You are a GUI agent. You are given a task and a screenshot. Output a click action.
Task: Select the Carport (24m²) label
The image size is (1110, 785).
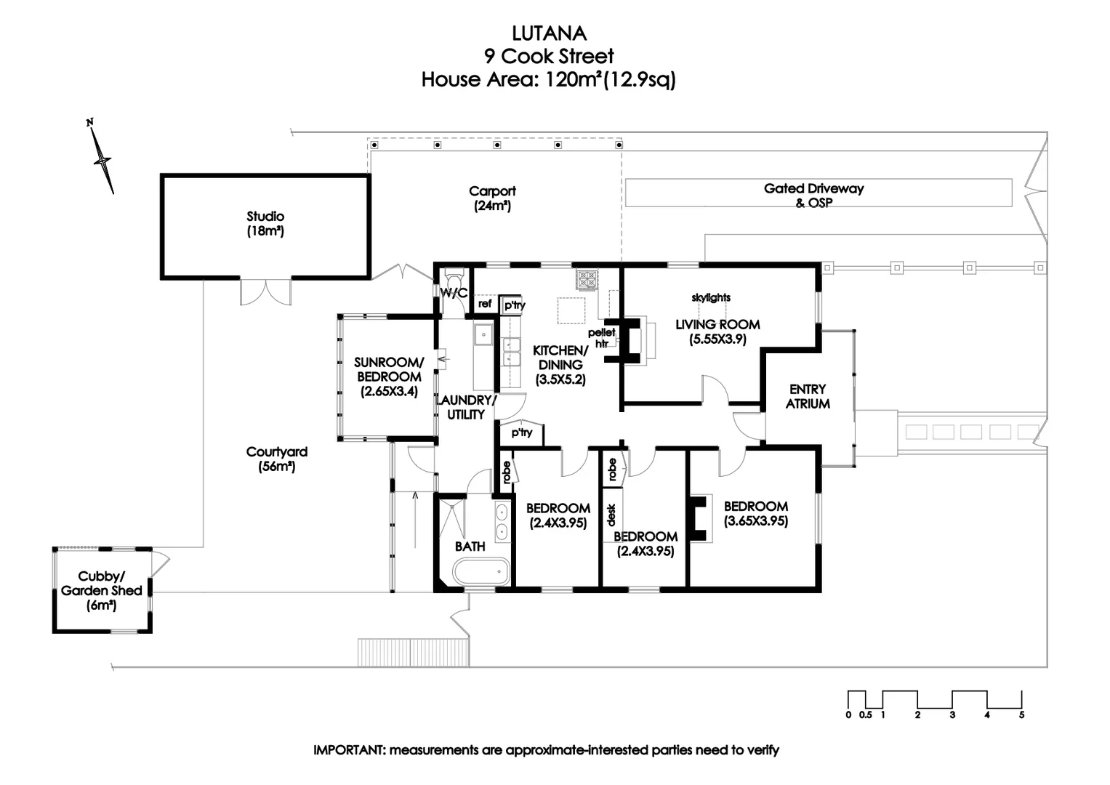[x=492, y=198]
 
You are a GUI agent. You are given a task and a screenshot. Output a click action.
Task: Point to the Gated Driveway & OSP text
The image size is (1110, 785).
[x=813, y=195]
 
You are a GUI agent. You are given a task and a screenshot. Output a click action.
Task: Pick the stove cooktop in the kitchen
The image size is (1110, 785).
[x=587, y=279]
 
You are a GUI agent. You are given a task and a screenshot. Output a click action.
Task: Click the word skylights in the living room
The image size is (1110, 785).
[x=711, y=297]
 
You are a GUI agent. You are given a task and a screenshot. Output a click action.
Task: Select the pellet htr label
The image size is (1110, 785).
[x=602, y=338]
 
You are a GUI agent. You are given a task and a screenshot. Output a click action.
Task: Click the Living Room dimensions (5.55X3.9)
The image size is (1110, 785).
[x=717, y=339]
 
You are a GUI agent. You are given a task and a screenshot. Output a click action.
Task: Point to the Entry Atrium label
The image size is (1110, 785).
[x=808, y=396]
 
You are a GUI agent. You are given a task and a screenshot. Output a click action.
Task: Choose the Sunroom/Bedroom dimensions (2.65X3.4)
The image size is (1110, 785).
[x=389, y=392]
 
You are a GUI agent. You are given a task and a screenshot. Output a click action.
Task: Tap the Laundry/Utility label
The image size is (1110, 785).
[x=466, y=407]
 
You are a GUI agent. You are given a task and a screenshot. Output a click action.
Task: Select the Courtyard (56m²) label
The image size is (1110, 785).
[x=276, y=459]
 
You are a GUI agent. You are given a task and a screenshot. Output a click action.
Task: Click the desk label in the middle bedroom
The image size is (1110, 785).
[x=611, y=515]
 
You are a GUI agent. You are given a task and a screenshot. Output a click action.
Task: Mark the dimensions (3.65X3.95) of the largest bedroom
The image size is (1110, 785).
[x=756, y=521]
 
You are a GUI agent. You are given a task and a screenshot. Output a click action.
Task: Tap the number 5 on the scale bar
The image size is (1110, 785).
[x=1021, y=715]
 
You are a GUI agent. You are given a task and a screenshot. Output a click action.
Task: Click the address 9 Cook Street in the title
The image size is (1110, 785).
[x=549, y=56]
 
